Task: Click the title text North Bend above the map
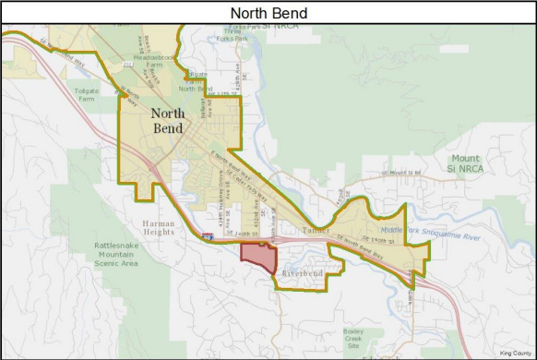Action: pos(268,13)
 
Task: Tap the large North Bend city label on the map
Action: pos(167,121)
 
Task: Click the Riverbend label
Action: pos(301,274)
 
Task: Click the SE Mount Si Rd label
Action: pos(400,173)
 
